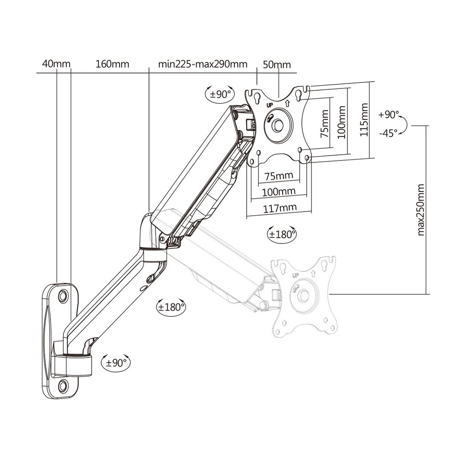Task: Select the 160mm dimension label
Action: point(112,64)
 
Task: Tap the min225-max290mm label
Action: point(203,64)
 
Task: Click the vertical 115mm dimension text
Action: point(364,120)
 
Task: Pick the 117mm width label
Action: point(278,207)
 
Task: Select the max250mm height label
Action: point(420,210)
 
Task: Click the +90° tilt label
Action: point(389,115)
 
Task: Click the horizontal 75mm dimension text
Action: point(278,176)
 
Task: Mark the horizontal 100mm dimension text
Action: point(278,192)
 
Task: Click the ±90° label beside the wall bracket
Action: point(116,363)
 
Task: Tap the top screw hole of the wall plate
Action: point(63,295)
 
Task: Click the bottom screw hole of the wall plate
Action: point(63,384)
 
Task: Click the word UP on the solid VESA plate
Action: point(269,104)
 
